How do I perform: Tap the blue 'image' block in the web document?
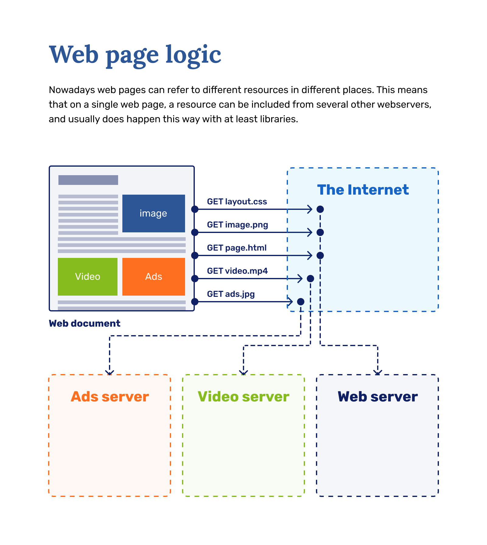point(153,213)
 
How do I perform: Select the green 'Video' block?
point(88,276)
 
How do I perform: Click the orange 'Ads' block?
point(153,276)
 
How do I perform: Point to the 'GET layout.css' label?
point(237,202)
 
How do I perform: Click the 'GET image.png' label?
point(237,225)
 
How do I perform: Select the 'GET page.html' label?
point(236,248)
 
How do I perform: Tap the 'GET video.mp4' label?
point(237,271)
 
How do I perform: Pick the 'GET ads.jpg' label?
point(231,294)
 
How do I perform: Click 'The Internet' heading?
point(363,190)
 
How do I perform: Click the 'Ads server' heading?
point(110,397)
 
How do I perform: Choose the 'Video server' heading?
point(243,397)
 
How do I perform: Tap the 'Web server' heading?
point(377,397)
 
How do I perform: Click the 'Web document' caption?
point(84,323)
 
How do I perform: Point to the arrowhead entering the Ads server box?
point(110,373)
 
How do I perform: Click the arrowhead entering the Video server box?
point(243,373)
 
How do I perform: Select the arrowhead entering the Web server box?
point(378,373)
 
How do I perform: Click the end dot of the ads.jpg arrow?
point(301,302)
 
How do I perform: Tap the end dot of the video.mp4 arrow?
point(310,279)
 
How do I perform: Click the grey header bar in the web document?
point(88,180)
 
